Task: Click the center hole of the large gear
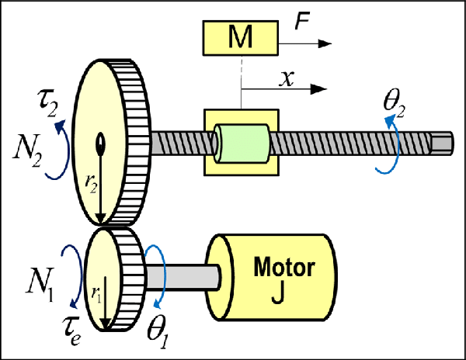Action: click(100, 142)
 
